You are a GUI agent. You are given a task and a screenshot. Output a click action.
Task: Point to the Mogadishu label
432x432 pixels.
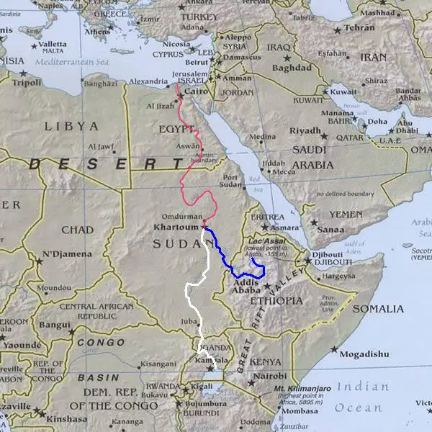[364, 354]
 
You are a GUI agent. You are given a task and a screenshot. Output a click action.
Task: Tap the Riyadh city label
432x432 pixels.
[305, 130]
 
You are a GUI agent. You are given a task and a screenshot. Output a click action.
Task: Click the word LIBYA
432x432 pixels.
[71, 126]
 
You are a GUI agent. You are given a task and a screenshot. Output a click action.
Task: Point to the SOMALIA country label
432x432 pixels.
[379, 309]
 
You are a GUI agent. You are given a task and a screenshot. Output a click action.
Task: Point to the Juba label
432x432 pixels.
[189, 322]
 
